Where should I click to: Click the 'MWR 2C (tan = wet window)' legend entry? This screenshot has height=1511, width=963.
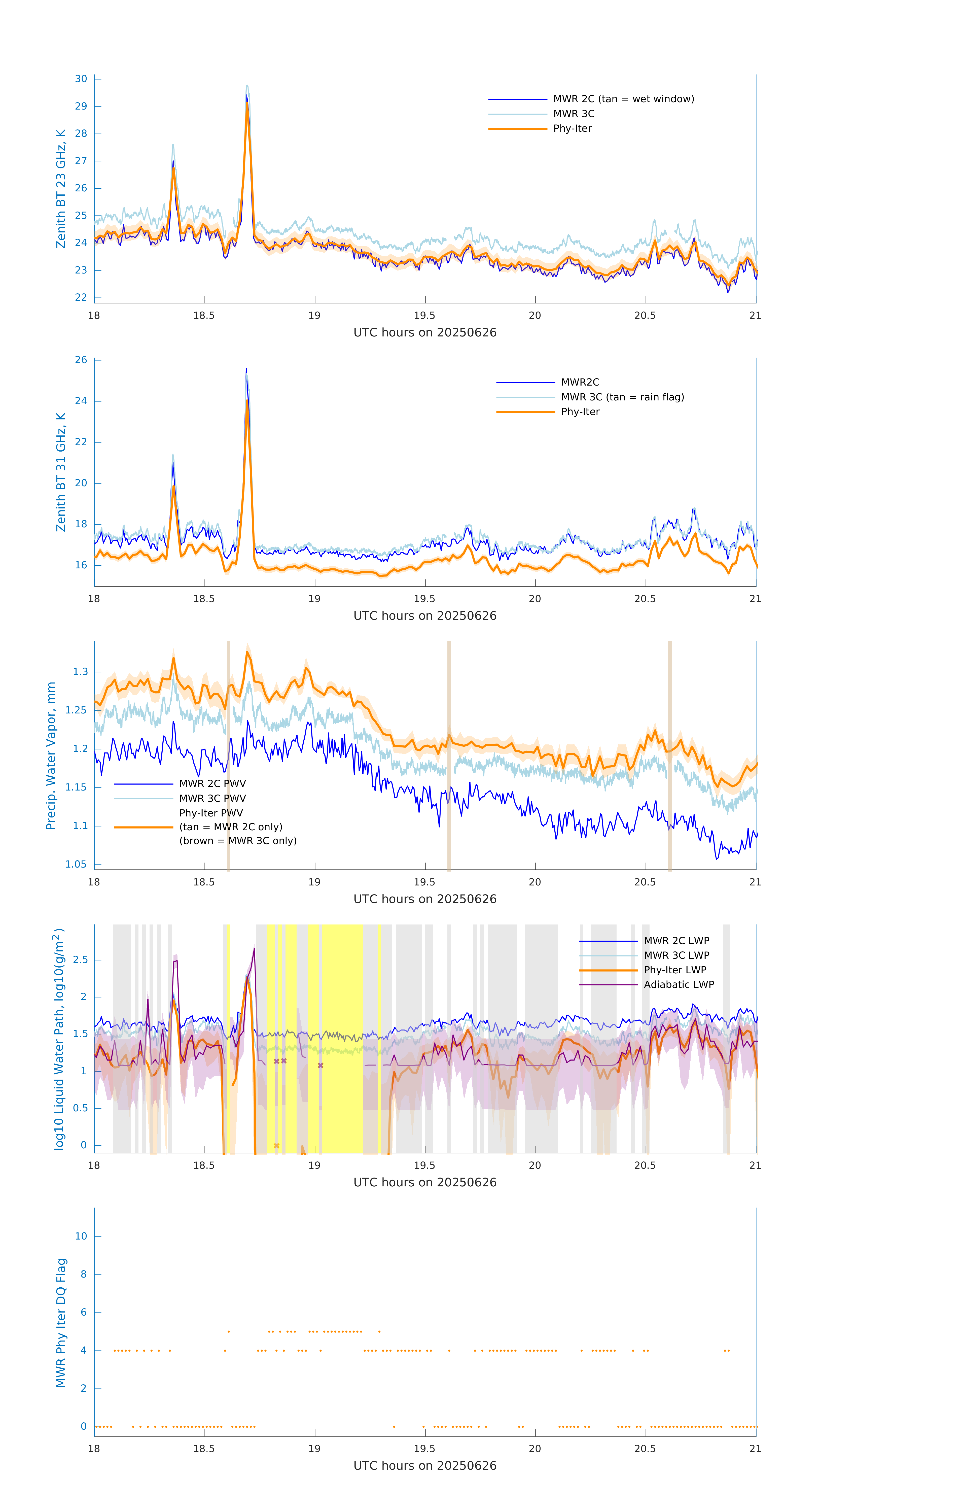623,99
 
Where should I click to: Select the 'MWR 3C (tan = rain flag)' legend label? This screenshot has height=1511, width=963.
622,397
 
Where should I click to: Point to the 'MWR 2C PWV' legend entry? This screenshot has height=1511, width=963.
212,784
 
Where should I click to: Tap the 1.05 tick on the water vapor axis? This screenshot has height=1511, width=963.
76,865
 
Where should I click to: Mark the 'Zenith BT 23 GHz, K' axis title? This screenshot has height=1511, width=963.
61,189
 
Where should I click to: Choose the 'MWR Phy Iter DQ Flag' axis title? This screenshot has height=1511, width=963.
61,1323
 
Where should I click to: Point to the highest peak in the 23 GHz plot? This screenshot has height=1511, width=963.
247,86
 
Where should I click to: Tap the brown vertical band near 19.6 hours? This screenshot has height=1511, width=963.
449,756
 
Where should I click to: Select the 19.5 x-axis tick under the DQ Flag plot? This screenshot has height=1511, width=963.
425,1449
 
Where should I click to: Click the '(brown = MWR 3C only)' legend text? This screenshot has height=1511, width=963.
238,841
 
